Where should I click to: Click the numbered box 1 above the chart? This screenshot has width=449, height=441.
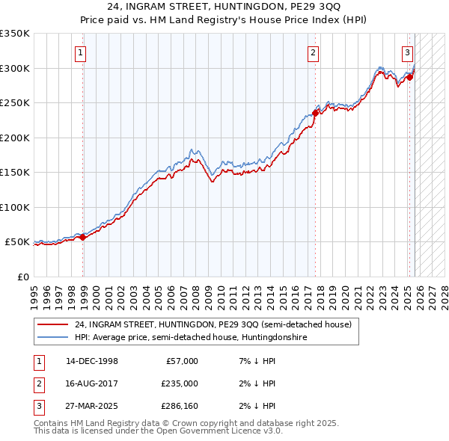[x=80, y=52]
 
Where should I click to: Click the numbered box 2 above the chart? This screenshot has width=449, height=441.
[x=312, y=52]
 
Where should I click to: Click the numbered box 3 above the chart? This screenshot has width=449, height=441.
[x=407, y=52]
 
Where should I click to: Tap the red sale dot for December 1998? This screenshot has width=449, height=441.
[x=83, y=237]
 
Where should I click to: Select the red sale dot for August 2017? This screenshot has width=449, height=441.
[x=315, y=114]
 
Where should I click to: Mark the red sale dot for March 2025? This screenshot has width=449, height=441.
[x=410, y=77]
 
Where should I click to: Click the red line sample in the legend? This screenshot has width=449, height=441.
[x=52, y=324]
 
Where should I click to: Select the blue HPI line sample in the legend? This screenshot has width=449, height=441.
[x=52, y=338]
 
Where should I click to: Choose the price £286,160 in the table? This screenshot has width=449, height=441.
[x=177, y=406]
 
